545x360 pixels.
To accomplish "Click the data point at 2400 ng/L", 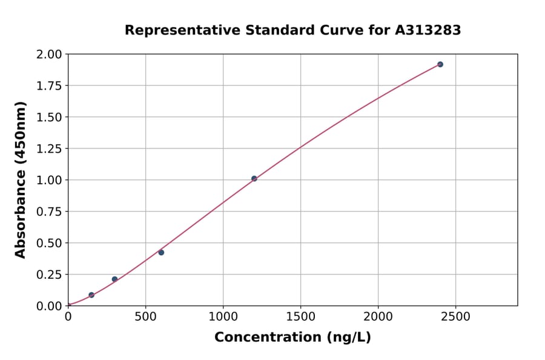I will (x=440, y=64).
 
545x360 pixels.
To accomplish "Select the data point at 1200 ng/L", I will (x=254, y=179).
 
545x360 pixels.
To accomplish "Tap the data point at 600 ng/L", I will (x=161, y=252).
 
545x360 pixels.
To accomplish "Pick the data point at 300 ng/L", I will (x=114, y=279).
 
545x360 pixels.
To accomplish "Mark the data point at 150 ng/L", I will (x=91, y=295).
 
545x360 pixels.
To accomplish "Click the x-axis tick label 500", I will (x=145, y=316).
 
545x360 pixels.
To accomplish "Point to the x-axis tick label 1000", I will (x=223, y=316).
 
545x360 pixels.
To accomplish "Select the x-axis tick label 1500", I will (x=300, y=316).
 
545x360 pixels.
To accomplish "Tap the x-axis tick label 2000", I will (x=378, y=316).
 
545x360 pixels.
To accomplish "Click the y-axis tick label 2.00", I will (x=50, y=55).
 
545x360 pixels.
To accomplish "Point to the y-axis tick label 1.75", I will (x=50, y=86).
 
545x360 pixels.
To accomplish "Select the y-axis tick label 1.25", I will (x=50, y=149).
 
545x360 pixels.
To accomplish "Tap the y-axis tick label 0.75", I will (x=50, y=212).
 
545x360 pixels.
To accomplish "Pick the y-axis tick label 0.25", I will (x=50, y=275).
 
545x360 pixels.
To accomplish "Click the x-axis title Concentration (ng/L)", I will (x=292, y=337).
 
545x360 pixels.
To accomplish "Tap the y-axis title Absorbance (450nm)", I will (x=21, y=180).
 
